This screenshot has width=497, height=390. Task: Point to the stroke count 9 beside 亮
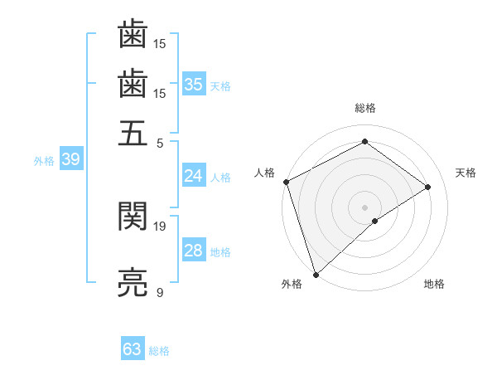[x=160, y=293]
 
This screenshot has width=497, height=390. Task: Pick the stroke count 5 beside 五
[x=160, y=142]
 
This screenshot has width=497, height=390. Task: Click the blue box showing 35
[x=194, y=84]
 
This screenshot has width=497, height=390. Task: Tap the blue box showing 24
[x=194, y=176]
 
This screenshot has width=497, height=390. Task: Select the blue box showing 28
[x=194, y=251]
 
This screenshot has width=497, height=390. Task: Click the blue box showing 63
[x=133, y=349]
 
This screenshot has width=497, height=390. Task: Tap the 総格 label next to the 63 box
[x=159, y=351]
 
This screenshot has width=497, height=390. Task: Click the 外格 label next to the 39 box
[x=44, y=161]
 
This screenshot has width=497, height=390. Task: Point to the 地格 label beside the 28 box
[x=220, y=252]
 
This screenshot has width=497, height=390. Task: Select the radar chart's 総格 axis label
[x=364, y=108]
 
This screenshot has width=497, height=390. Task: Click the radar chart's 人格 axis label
[x=265, y=173]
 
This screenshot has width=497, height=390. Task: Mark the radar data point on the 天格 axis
[x=428, y=187]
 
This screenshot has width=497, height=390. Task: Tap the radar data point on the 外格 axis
[x=316, y=274]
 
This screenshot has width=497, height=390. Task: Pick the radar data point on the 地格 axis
[x=375, y=221]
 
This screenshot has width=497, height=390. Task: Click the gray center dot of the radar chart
[x=364, y=206]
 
